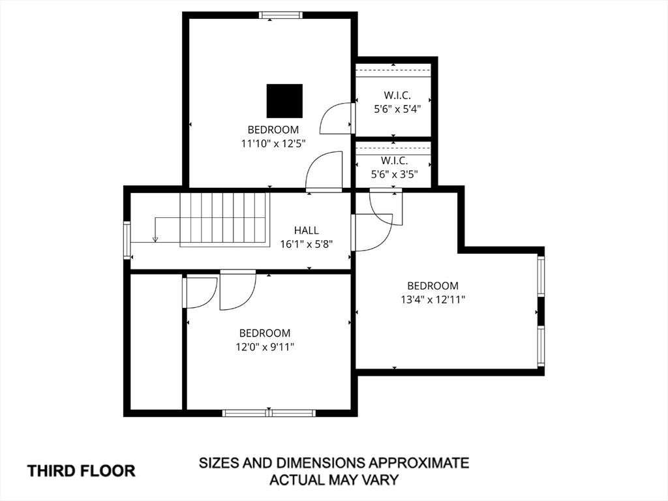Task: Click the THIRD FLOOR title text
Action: pyautogui.click(x=82, y=471)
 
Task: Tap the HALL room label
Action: pyautogui.click(x=307, y=230)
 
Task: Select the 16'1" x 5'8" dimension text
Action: pyautogui.click(x=307, y=245)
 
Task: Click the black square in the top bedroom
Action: pyautogui.click(x=284, y=101)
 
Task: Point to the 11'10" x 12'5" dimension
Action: pyautogui.click(x=273, y=144)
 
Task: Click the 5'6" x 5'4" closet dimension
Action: pyautogui.click(x=397, y=109)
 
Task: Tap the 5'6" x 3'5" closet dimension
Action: pyautogui.click(x=394, y=174)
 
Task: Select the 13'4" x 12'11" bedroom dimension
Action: pyautogui.click(x=433, y=299)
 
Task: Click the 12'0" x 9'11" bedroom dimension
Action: pyautogui.click(x=265, y=347)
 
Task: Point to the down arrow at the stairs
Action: pyautogui.click(x=155, y=239)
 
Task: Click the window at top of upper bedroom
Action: pyautogui.click(x=281, y=16)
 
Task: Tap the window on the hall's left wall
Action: pyautogui.click(x=127, y=240)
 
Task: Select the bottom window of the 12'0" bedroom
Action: pyautogui.click(x=269, y=413)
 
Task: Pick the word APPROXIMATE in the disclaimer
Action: pyautogui.click(x=418, y=463)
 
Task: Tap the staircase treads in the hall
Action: pyautogui.click(x=225, y=219)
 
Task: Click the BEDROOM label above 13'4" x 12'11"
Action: pyautogui.click(x=433, y=286)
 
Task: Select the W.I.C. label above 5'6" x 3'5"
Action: pyautogui.click(x=394, y=161)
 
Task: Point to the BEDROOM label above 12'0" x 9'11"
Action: pyautogui.click(x=265, y=333)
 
